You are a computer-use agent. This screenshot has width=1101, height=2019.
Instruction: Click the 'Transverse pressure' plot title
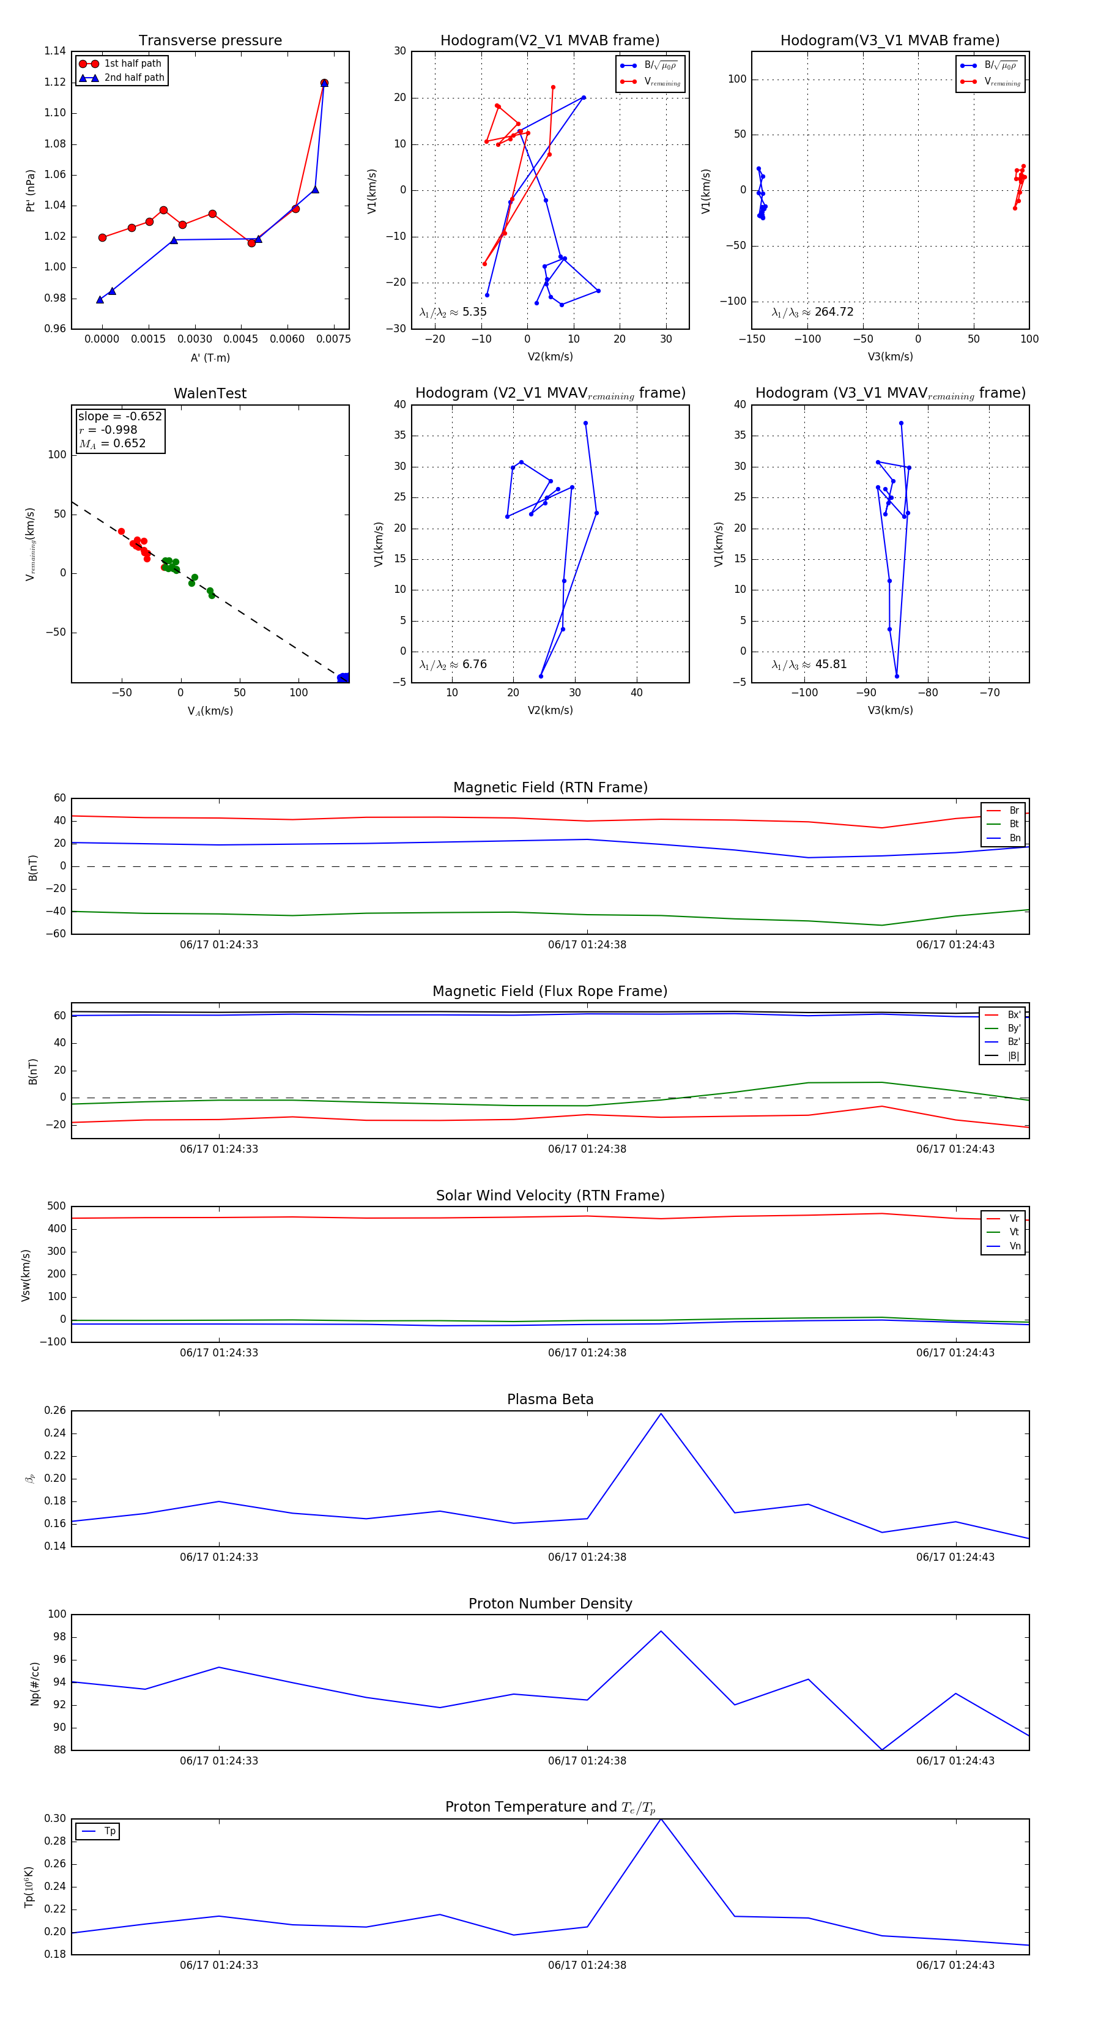210,41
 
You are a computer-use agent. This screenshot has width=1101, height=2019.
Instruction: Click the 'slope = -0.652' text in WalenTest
120,416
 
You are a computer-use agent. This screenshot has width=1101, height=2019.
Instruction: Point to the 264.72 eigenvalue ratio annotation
813,312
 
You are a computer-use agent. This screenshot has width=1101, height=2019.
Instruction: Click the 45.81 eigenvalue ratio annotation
809,664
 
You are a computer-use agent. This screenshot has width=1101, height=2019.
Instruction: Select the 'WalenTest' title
210,393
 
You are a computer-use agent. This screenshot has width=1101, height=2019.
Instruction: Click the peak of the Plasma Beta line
661,1414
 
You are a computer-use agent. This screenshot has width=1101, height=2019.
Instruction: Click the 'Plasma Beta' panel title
550,1399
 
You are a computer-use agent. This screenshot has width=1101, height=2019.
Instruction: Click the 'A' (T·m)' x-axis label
210,357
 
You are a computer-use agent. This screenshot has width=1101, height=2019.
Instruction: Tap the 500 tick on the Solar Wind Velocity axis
56,1207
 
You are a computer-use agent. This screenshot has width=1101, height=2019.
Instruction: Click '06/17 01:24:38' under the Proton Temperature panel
587,1965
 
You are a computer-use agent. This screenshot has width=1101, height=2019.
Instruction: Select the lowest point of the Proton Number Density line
881,1749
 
